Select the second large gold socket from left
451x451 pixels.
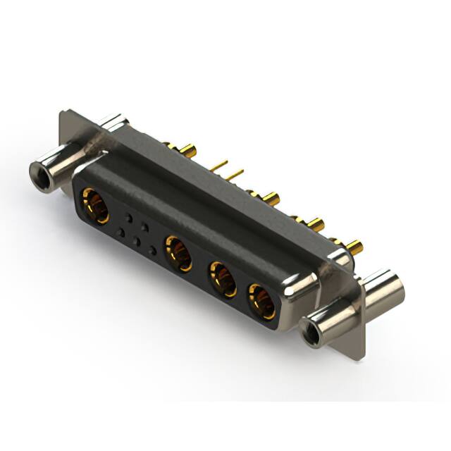178,253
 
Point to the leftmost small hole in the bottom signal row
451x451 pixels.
121,233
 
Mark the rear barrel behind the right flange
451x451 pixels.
384,286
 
